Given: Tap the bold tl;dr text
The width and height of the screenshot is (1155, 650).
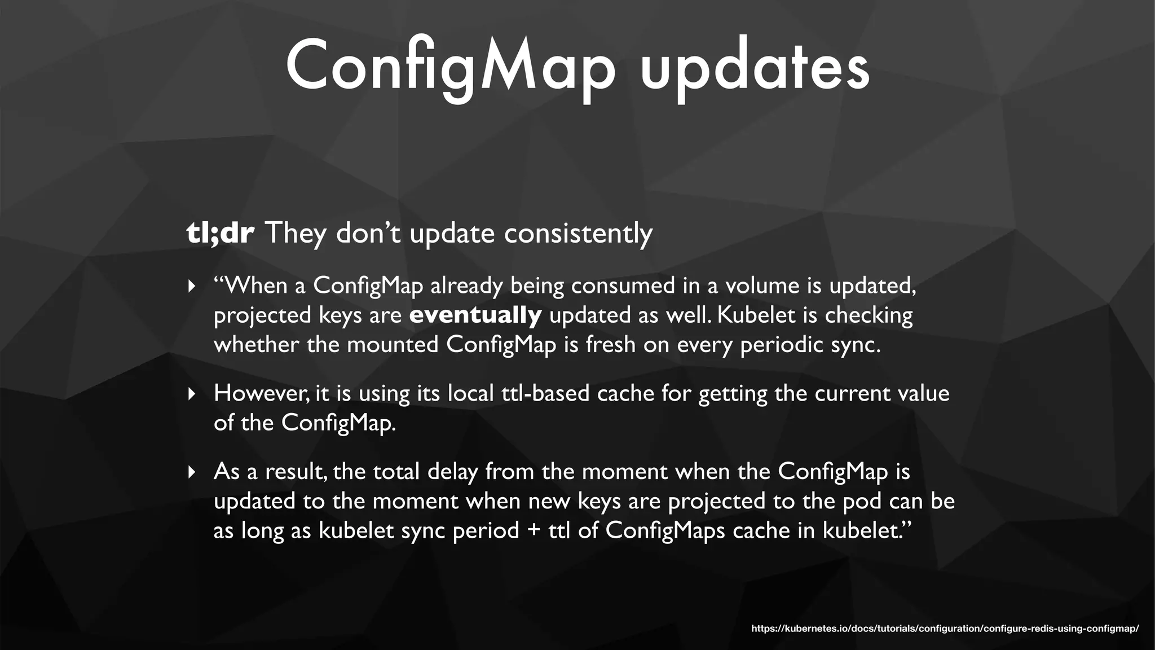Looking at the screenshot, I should (220, 233).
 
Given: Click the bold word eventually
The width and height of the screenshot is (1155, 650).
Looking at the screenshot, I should (475, 315).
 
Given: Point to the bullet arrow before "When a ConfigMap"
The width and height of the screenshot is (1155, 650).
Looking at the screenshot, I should (192, 286).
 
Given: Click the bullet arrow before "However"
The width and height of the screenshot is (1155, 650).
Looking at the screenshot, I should (192, 393).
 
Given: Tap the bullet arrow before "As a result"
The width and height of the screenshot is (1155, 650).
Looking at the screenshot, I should (192, 471).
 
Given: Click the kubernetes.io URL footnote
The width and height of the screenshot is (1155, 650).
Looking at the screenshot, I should (945, 629).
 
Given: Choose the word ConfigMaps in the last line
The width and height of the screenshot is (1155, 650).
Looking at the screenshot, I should (665, 530).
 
